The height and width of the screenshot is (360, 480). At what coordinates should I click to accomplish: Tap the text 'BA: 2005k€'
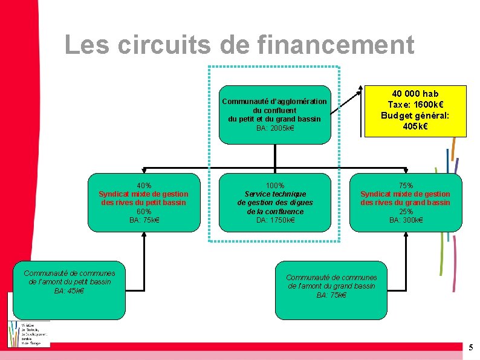pyautogui.click(x=275, y=128)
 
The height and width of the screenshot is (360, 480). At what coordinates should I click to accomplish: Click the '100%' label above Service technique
pyautogui.click(x=275, y=185)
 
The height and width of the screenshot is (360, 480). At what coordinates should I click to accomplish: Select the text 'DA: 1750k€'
pyautogui.click(x=275, y=220)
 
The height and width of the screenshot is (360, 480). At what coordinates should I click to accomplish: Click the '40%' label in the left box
pyautogui.click(x=144, y=185)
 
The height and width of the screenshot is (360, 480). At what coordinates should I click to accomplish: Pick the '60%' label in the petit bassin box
pyautogui.click(x=144, y=211)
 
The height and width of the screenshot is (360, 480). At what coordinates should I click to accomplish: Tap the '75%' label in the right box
pyautogui.click(x=405, y=185)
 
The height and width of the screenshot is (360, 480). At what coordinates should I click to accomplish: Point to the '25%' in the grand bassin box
pyautogui.click(x=405, y=211)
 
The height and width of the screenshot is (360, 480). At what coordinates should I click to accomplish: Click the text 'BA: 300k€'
pyautogui.click(x=405, y=220)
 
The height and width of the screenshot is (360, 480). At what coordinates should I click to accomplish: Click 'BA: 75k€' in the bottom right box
pyautogui.click(x=331, y=295)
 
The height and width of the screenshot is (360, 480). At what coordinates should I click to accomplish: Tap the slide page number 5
pyautogui.click(x=471, y=347)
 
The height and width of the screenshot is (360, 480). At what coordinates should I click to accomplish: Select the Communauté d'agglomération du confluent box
pyautogui.click(x=275, y=114)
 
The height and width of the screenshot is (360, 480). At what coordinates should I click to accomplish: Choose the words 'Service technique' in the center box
pyautogui.click(x=275, y=194)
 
